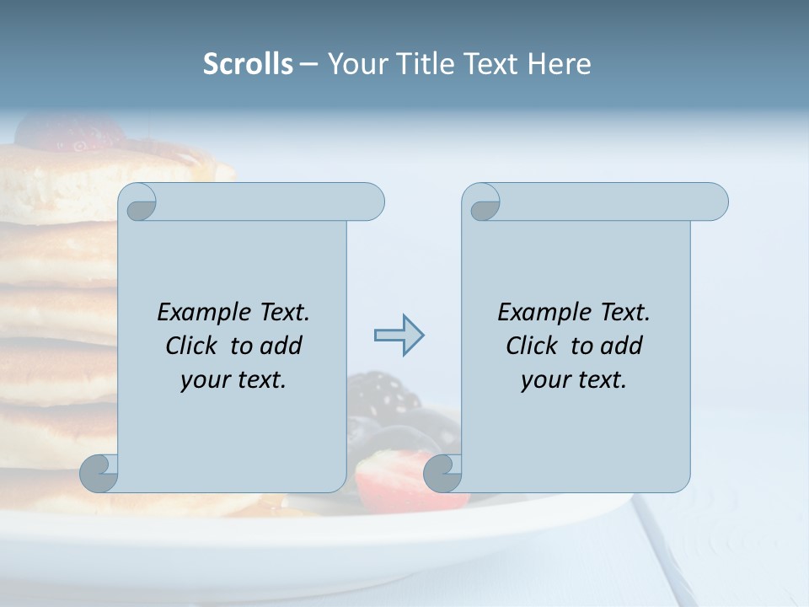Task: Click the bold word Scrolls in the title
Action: pyautogui.click(x=248, y=64)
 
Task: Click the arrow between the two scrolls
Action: pyautogui.click(x=399, y=336)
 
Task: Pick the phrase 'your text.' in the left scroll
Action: pyautogui.click(x=233, y=379)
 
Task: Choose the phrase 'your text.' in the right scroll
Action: pyautogui.click(x=574, y=379)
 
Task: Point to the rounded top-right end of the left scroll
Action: pyautogui.click(x=371, y=202)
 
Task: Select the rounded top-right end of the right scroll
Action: pyautogui.click(x=715, y=202)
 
